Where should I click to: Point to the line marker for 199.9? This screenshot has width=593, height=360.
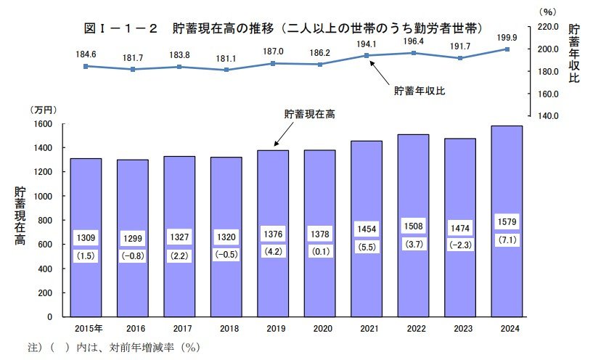(x=507, y=49)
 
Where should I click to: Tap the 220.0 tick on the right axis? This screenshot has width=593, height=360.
(x=545, y=26)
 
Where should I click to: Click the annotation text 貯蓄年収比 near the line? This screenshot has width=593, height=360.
(x=420, y=91)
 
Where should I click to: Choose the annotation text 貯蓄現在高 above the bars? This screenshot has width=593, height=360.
(x=309, y=114)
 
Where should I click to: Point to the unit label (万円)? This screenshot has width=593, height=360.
(x=42, y=110)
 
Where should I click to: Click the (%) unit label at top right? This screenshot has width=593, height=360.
(x=547, y=12)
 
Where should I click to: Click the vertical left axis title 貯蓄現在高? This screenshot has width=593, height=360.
(x=20, y=217)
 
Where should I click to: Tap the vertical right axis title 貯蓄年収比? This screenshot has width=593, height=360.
(x=574, y=54)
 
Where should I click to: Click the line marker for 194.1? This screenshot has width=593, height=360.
(x=367, y=56)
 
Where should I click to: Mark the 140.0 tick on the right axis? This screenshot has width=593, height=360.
(x=545, y=116)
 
